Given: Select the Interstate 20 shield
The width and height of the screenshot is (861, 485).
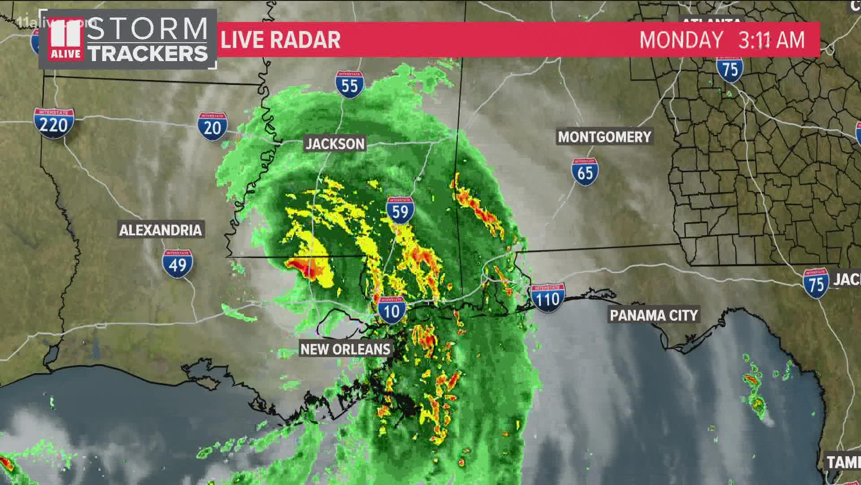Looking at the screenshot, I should coord(212,127).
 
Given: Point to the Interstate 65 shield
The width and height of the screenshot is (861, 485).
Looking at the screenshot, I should coord(585,172).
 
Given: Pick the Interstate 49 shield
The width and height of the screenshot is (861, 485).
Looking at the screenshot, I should coord(178,264).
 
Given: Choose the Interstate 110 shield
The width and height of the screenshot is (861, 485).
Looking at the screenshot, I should coord(548,298).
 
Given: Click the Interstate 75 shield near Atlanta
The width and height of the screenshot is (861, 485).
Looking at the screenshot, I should coord(730,70).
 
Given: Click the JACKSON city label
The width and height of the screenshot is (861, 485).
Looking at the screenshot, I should coord(335,144).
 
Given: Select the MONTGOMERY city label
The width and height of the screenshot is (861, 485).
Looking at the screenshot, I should coord(604,137).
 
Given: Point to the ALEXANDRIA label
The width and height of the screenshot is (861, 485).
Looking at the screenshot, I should coord(161,230).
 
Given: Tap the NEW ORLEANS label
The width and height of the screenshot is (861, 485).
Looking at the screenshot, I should coord(345,349).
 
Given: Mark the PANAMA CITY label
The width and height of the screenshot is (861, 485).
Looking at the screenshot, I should coord(654,315).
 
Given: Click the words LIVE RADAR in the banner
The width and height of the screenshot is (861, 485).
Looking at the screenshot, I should coord(281,40).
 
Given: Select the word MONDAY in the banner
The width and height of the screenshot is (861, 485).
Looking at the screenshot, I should coord(681,40).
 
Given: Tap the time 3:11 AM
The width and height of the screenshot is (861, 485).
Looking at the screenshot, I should coord(771,40).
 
